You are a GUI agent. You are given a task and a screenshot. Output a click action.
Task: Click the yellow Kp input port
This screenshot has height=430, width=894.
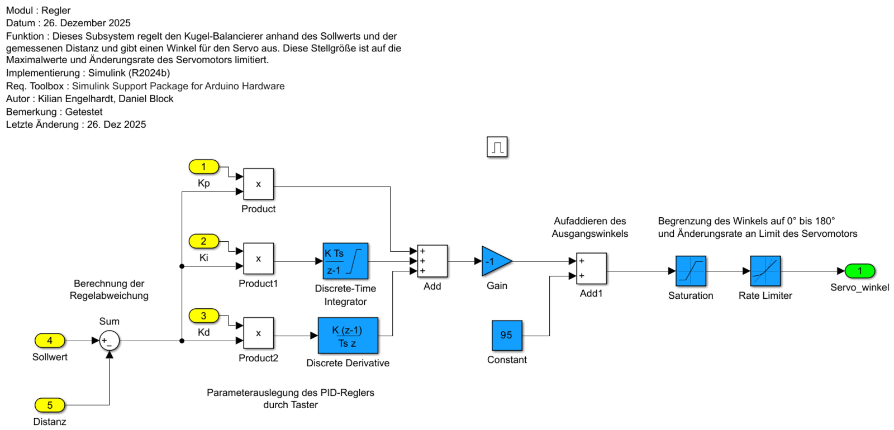pyautogui.click(x=203, y=166)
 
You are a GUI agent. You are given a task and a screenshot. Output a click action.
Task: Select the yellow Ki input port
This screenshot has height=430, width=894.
pyautogui.click(x=203, y=241)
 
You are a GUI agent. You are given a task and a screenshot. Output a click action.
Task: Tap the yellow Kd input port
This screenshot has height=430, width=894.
pyautogui.click(x=203, y=316)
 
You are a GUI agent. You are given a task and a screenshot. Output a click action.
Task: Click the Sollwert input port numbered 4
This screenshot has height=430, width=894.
pyautogui.click(x=50, y=340)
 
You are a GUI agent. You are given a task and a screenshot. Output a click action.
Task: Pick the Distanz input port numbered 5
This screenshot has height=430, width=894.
pyautogui.click(x=50, y=405)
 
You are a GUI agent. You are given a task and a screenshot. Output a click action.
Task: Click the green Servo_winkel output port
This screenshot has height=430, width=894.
pyautogui.click(x=859, y=271)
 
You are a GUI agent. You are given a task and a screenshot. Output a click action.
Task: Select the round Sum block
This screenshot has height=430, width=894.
pyautogui.click(x=109, y=340)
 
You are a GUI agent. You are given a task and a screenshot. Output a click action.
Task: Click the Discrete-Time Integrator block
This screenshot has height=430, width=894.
pyautogui.click(x=345, y=261)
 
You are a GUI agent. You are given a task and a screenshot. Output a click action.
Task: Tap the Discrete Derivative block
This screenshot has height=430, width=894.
pyautogui.click(x=348, y=336)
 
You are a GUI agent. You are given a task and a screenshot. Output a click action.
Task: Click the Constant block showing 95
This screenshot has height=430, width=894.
pyautogui.click(x=507, y=335)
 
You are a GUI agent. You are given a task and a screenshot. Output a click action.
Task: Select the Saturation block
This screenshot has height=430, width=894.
pyautogui.click(x=691, y=271)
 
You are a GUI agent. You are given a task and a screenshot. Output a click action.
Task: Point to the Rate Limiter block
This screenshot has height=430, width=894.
pyautogui.click(x=765, y=271)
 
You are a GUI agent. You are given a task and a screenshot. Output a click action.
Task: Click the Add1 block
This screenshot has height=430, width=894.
pyautogui.click(x=591, y=269)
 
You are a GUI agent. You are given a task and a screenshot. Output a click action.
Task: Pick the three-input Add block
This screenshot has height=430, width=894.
pyautogui.click(x=432, y=261)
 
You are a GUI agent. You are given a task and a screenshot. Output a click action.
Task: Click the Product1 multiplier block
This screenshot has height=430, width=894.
pyautogui.click(x=258, y=259)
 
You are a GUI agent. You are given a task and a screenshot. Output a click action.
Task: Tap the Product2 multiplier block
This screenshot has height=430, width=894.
pyautogui.click(x=258, y=333)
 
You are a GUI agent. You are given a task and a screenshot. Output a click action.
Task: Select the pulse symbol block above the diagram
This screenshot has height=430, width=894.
pyautogui.click(x=497, y=147)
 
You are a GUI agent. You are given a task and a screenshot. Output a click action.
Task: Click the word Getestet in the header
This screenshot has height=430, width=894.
pyautogui.click(x=84, y=112)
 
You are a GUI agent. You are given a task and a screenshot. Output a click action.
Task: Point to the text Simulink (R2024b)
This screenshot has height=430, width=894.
pyautogui.click(x=129, y=73)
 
